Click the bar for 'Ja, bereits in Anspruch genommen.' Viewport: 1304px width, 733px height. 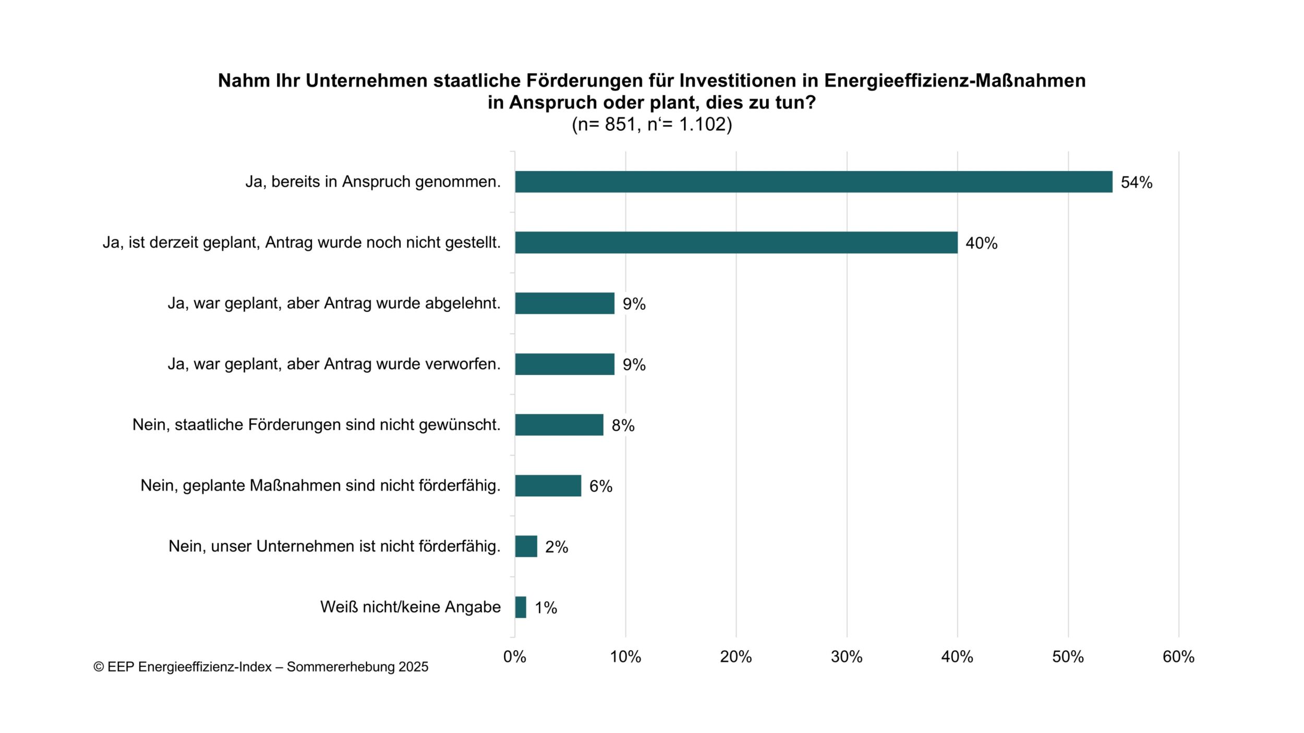[813, 182]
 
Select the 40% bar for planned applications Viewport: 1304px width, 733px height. [736, 242]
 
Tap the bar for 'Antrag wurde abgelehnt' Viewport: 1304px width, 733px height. [564, 303]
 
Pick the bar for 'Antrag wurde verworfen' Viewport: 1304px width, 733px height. [564, 364]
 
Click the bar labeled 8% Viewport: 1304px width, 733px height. [559, 425]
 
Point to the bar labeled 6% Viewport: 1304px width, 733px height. [548, 485]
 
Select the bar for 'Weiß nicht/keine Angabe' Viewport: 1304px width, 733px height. [521, 607]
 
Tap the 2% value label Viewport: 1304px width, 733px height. [556, 547]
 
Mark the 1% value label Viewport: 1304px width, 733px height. [546, 608]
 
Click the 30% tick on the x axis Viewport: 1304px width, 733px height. [847, 657]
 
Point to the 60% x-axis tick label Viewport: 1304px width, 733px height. [1178, 657]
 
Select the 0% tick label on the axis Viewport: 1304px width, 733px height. [514, 657]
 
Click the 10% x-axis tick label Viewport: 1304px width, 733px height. [625, 657]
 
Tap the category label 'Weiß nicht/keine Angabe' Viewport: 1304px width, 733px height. [410, 607]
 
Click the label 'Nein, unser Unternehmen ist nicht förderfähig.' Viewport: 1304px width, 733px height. [334, 546]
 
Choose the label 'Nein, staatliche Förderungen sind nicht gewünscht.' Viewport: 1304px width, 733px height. [316, 425]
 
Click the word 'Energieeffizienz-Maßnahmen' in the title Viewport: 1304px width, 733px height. [955, 81]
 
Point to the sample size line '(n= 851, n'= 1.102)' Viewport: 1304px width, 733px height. [651, 125]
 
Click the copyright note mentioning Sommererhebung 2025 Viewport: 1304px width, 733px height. [261, 667]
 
